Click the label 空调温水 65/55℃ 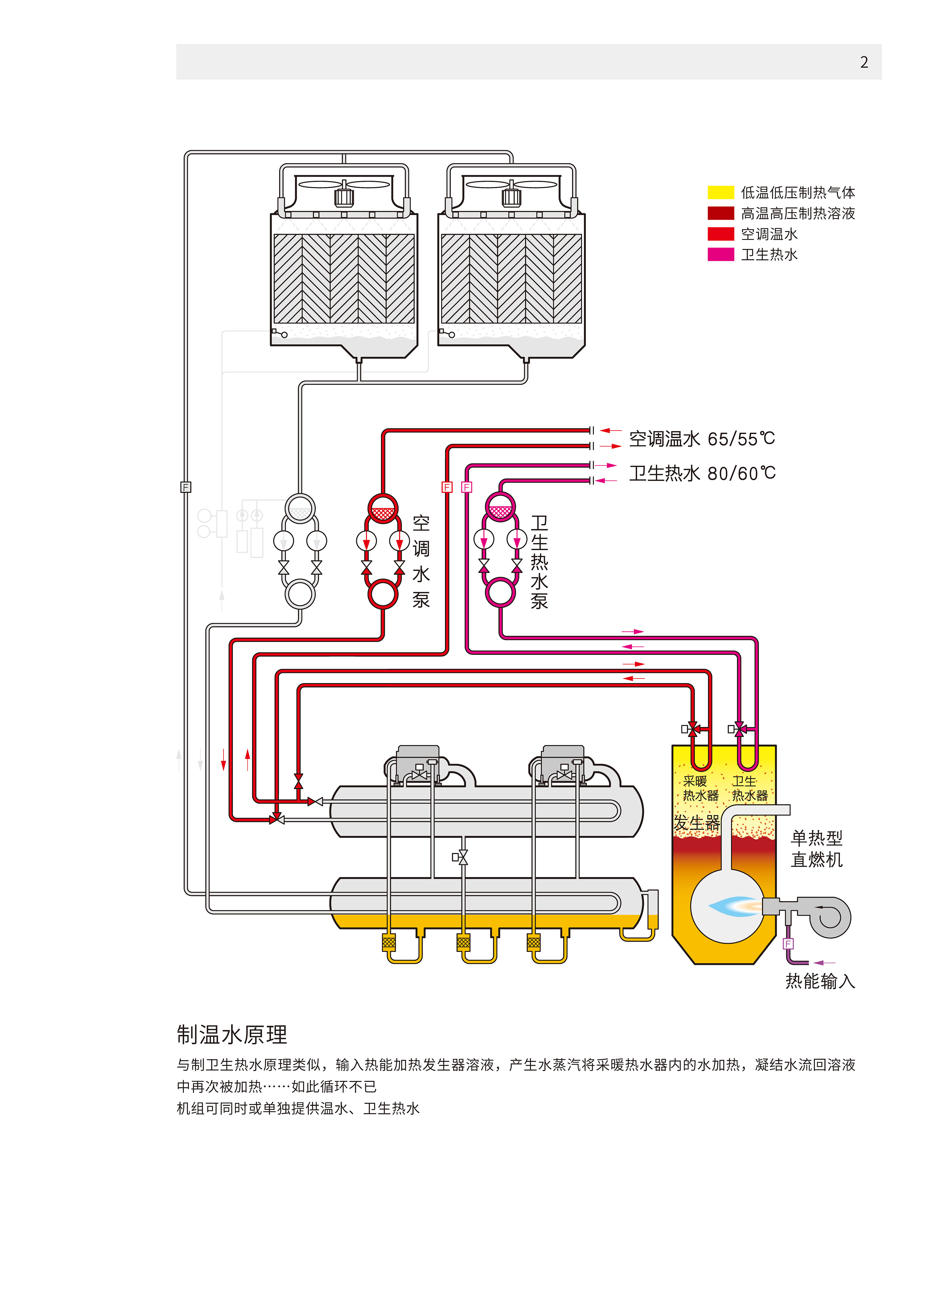click(x=702, y=439)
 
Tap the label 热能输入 click(x=820, y=981)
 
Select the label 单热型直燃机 click(x=816, y=848)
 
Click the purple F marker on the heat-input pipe click(x=788, y=944)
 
